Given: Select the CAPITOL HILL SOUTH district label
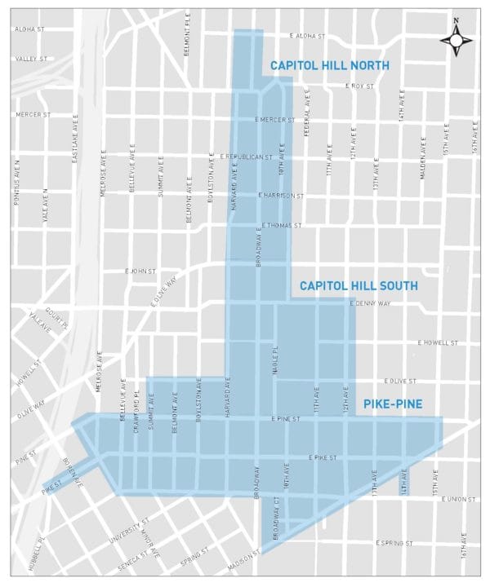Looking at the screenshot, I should click(359, 286).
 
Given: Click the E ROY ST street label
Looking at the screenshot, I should click(360, 86).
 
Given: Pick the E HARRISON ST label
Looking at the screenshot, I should click(281, 196).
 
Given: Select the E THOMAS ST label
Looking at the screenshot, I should click(282, 225).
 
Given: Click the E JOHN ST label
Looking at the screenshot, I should click(139, 271).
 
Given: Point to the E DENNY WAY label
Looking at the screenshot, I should click(370, 303).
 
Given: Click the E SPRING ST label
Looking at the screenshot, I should click(395, 542).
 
